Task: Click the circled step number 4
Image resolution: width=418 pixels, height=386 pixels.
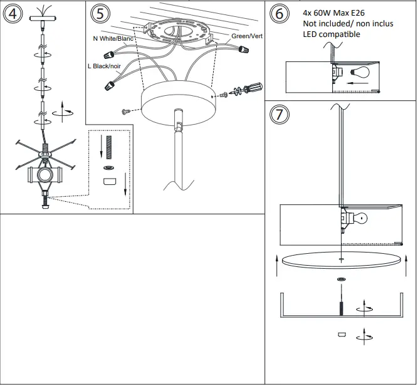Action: point(13,14)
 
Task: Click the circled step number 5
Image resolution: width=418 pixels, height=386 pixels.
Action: point(98,14)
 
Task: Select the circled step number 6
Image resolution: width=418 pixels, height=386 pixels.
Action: point(280,14)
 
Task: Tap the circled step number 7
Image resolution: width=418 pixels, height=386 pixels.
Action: point(280,115)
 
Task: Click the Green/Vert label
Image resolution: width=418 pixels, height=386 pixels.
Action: point(246,36)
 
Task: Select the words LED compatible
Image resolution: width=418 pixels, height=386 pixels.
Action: point(332,34)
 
